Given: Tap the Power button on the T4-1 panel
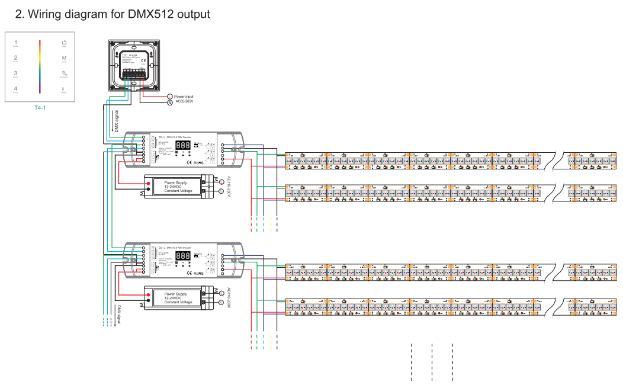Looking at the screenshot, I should pos(64,43).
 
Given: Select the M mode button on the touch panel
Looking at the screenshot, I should pos(64,59).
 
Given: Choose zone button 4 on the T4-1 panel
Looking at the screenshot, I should pos(16,89).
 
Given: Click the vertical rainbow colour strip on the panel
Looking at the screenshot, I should pos(40,66).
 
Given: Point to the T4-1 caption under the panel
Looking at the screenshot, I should pos(40,108).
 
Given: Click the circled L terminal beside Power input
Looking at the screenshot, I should pos(169,95).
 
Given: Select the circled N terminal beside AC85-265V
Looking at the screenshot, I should pos(169,102).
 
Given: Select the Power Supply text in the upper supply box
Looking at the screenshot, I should pos(175,182).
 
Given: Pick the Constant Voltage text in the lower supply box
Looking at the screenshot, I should pos(178,302).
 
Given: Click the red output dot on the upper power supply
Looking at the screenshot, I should pos(148,182).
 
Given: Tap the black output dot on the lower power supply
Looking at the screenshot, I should pos(148,300).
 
